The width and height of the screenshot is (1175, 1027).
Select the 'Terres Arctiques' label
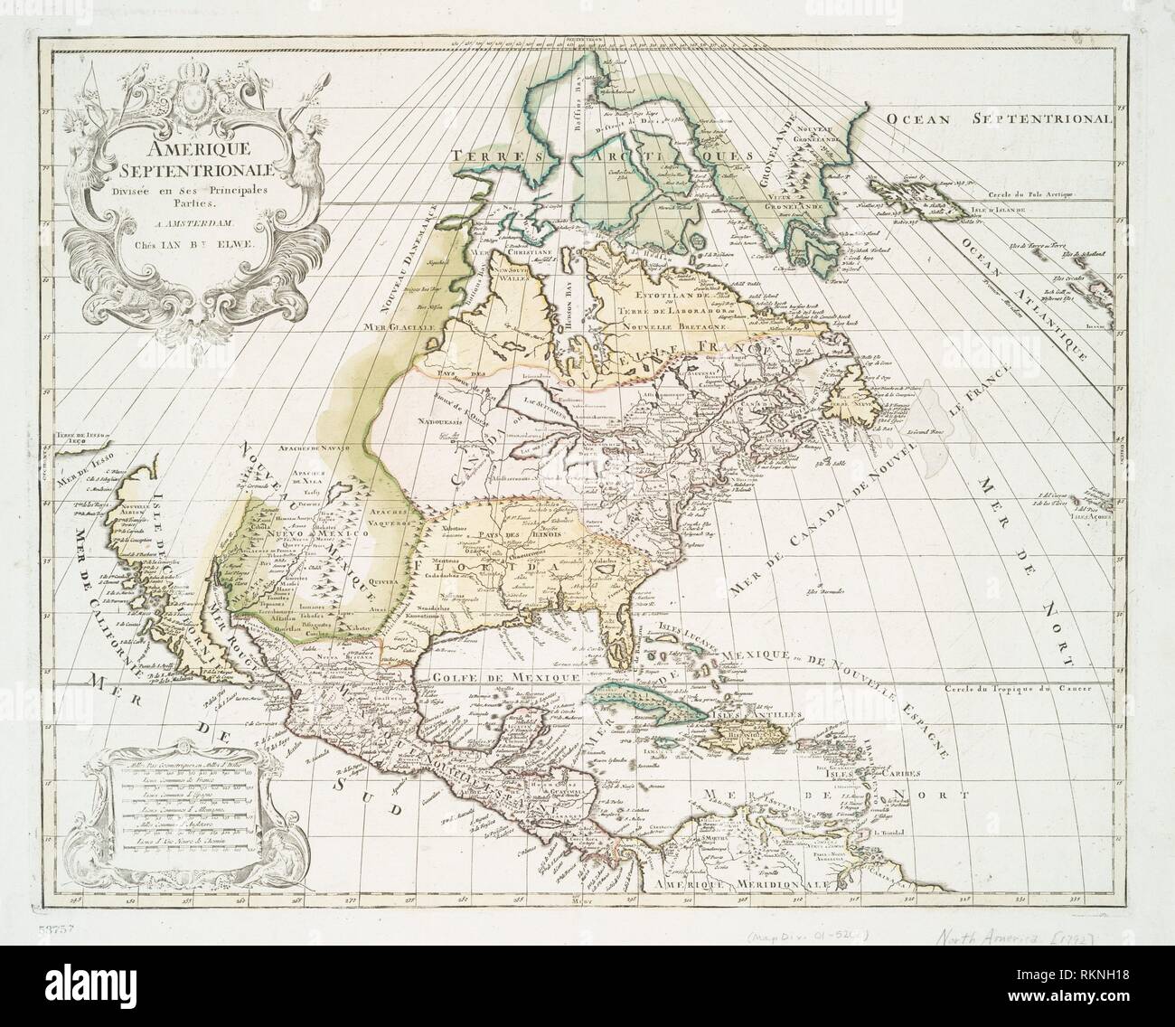(x=606, y=157)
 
